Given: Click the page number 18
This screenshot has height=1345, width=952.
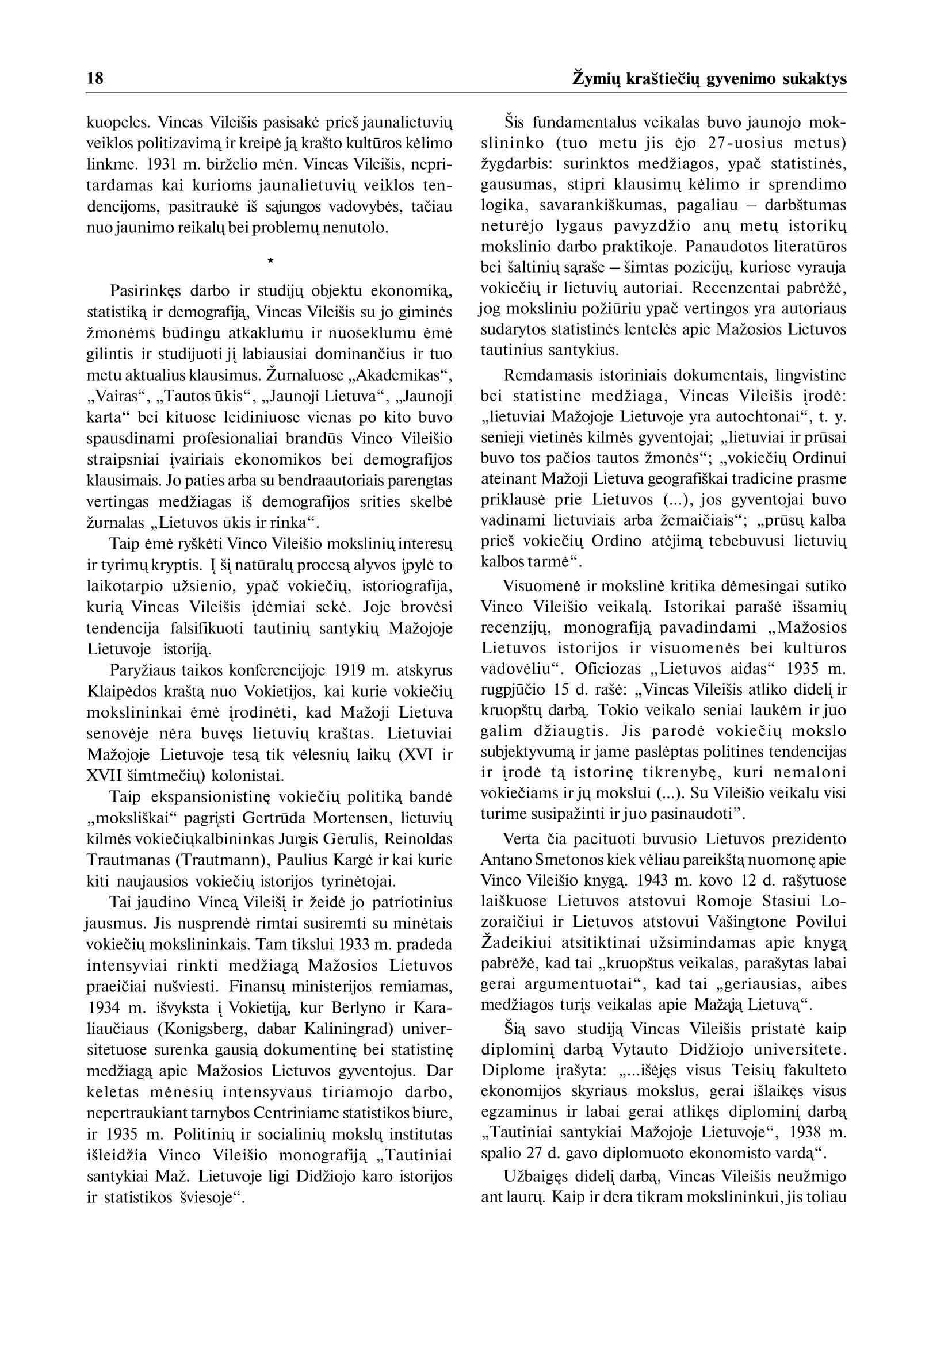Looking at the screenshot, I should click(95, 79).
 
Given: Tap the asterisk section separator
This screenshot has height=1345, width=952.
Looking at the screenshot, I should click(270, 261).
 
